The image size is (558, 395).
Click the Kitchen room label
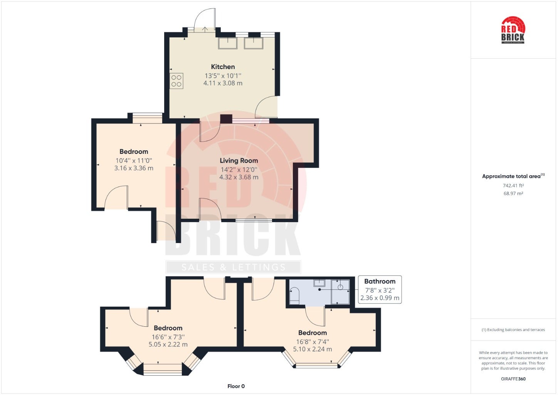coord(223,67)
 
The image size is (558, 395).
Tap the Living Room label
coord(239,160)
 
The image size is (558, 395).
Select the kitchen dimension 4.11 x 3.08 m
coord(223,83)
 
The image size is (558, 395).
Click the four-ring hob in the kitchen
coord(176,81)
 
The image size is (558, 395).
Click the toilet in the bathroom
coord(294,296)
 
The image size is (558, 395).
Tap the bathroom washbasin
coord(319,283)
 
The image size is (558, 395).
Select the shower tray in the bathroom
coord(340,292)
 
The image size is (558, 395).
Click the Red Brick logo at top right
coord(513,30)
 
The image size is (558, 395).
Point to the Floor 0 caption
coord(236,386)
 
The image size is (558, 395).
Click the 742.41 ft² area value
coord(513,186)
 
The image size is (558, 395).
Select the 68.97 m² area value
coord(513,194)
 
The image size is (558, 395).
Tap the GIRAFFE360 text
coord(513,379)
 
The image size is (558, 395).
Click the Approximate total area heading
coord(513,176)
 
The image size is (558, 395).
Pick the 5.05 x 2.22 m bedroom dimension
coord(168,344)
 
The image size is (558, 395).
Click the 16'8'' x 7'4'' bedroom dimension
coord(313,342)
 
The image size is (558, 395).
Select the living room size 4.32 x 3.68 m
coord(239,177)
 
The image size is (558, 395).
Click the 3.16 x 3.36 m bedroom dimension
coord(133,168)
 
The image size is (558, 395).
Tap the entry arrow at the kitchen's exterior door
coord(205,29)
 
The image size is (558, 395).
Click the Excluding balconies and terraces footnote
coord(513,330)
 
